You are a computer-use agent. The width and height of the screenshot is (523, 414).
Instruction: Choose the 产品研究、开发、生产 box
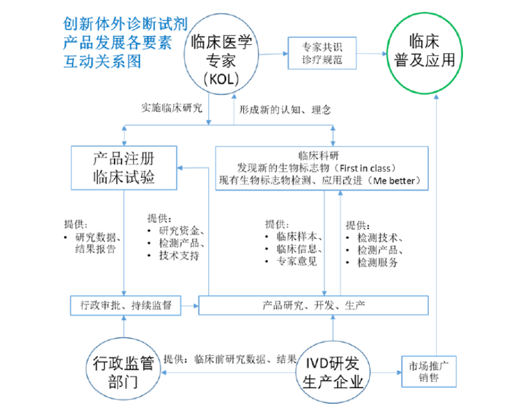313,305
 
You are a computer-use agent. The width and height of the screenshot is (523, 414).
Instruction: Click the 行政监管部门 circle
123,372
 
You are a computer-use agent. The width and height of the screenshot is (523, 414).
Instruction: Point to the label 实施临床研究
173,108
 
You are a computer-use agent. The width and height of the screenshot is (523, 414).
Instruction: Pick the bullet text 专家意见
297,261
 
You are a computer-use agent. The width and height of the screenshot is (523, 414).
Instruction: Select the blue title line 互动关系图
102,63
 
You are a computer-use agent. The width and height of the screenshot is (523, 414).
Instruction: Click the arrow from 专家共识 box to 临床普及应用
372,54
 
